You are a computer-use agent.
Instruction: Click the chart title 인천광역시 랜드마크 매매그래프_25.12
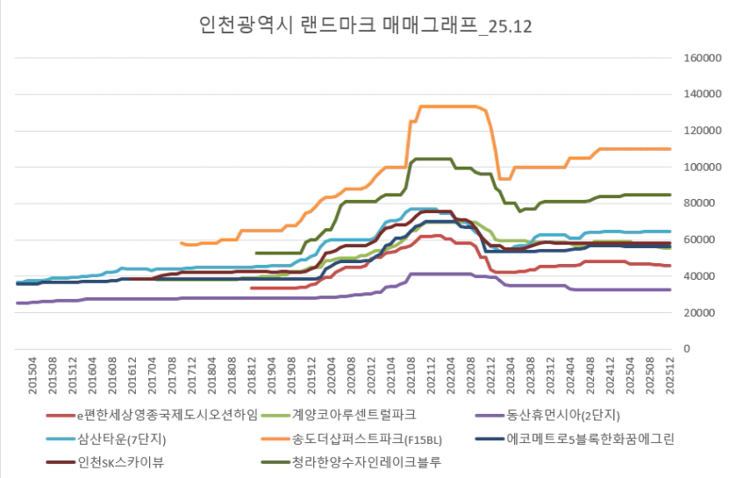365,25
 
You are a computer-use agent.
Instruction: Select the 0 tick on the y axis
688,349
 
